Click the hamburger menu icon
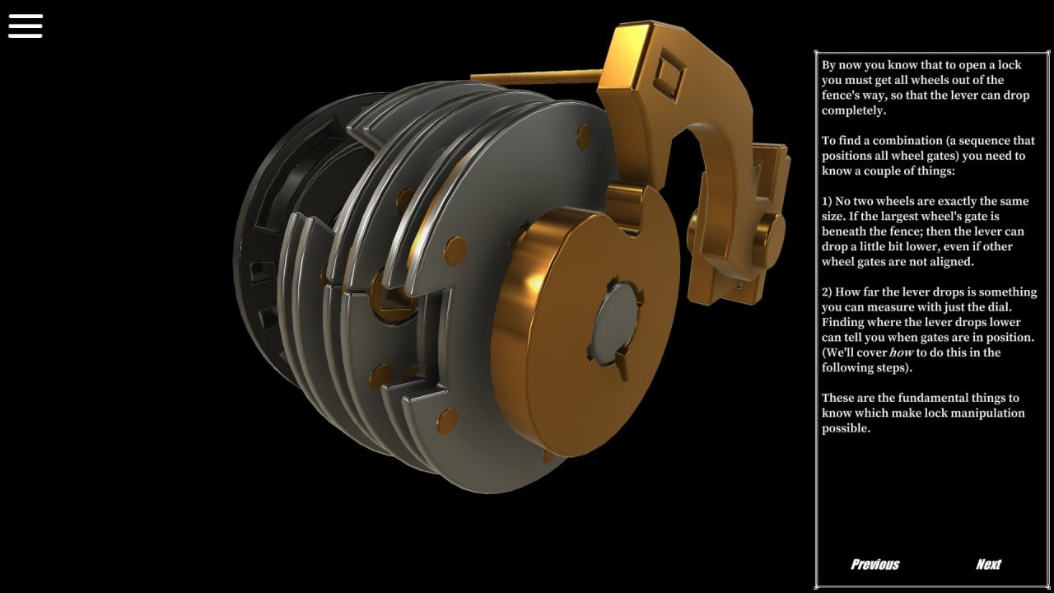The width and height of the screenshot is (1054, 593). pyautogui.click(x=26, y=26)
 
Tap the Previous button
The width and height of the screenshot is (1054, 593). pyautogui.click(x=874, y=564)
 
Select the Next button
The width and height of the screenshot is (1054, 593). pyautogui.click(x=989, y=564)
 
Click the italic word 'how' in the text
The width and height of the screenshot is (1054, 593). pyautogui.click(x=901, y=353)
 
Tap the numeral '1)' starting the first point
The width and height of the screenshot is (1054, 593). pyautogui.click(x=828, y=202)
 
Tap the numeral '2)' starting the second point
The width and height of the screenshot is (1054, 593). pyautogui.click(x=828, y=292)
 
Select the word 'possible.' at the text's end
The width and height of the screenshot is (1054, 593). pyautogui.click(x=846, y=428)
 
